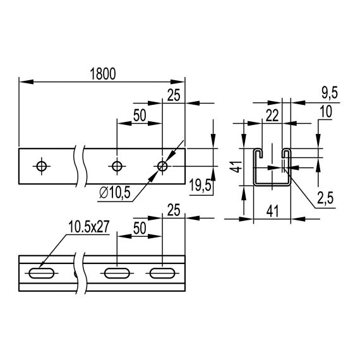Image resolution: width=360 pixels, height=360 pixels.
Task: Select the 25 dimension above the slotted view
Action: [174, 209]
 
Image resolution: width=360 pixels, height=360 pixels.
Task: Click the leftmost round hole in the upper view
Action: [42, 165]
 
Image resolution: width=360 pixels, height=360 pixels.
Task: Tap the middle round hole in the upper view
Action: [116, 165]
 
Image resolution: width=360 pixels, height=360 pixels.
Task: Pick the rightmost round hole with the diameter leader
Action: [162, 165]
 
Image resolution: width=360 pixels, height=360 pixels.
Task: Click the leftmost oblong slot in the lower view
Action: [42, 274]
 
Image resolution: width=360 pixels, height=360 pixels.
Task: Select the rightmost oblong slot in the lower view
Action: [162, 274]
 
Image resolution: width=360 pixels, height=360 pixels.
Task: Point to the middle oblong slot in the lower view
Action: [116, 274]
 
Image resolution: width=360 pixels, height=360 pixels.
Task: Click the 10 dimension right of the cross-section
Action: [327, 112]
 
